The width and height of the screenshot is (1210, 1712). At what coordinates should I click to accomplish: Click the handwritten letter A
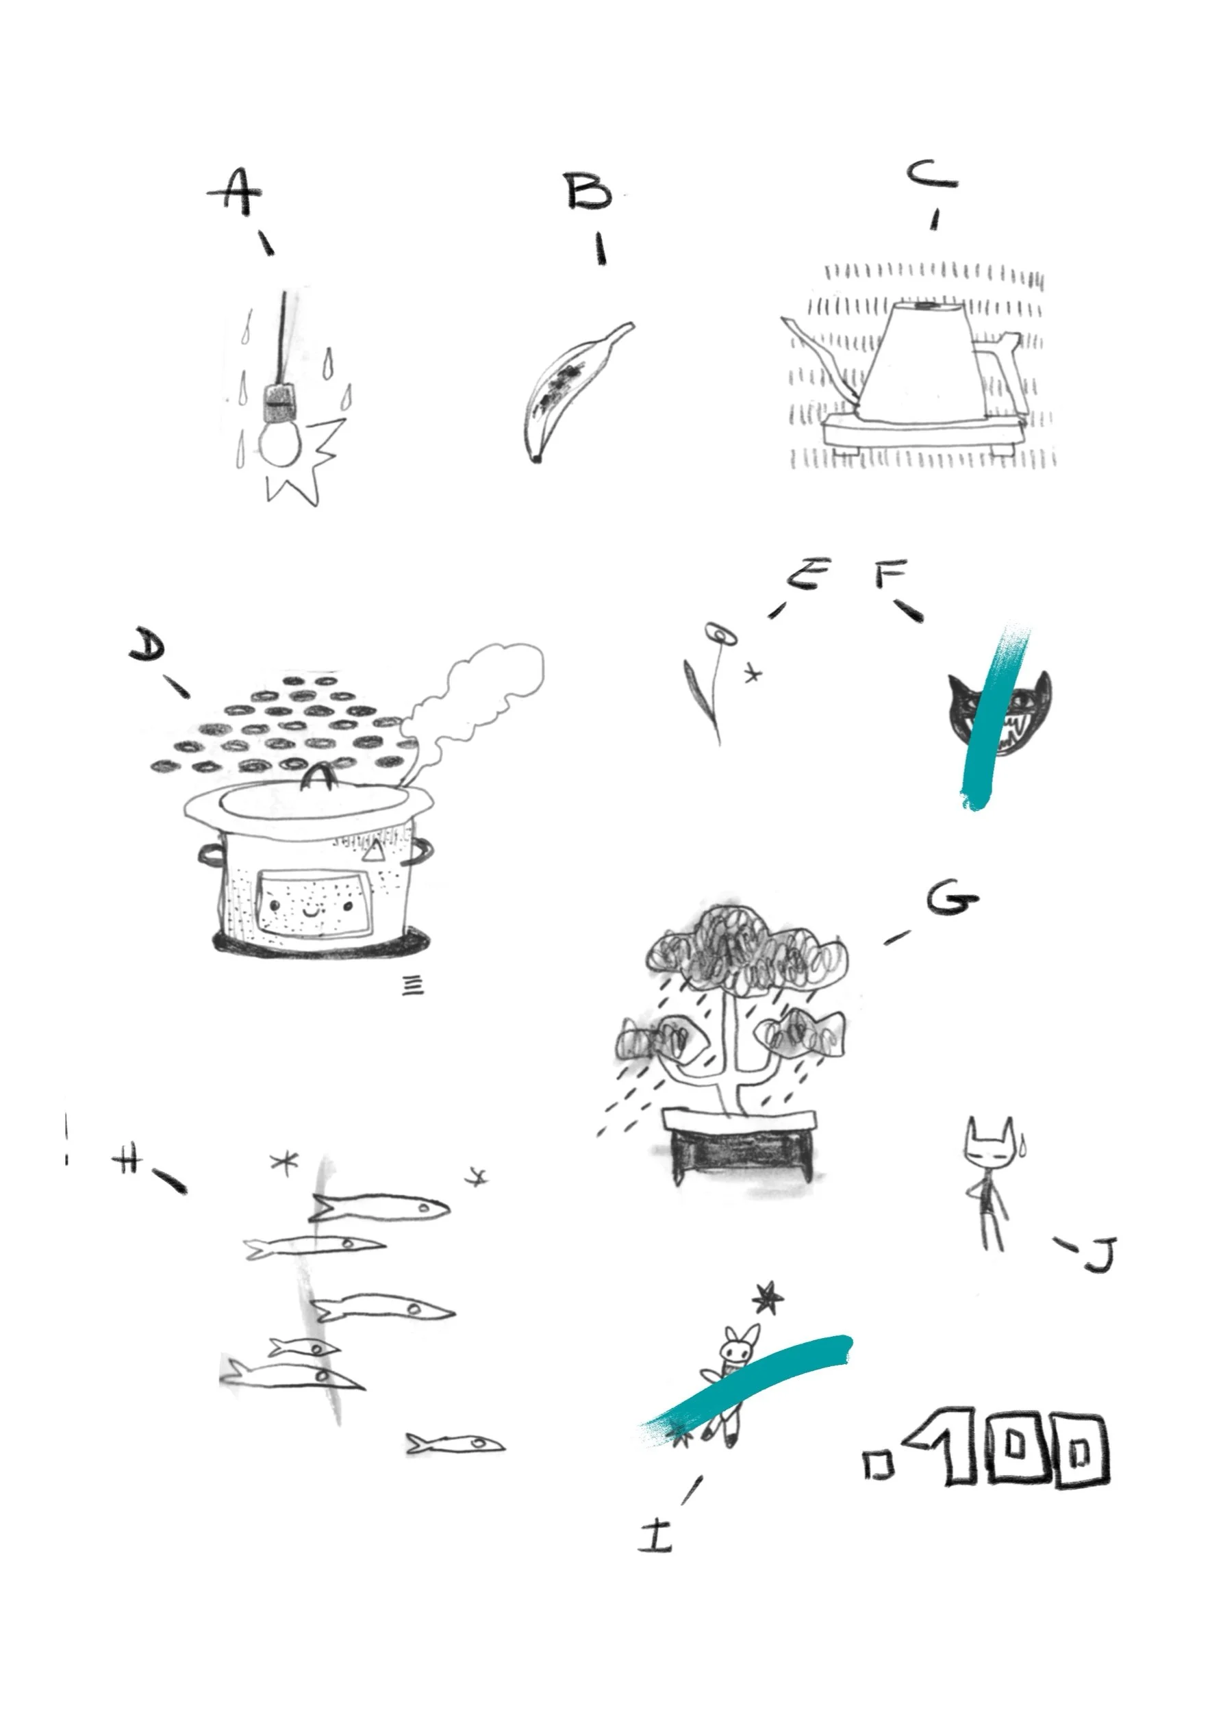pyautogui.click(x=235, y=192)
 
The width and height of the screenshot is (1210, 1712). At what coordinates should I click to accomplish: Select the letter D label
pyautogui.click(x=148, y=644)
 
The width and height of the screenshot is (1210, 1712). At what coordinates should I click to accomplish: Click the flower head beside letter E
pyautogui.click(x=721, y=633)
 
